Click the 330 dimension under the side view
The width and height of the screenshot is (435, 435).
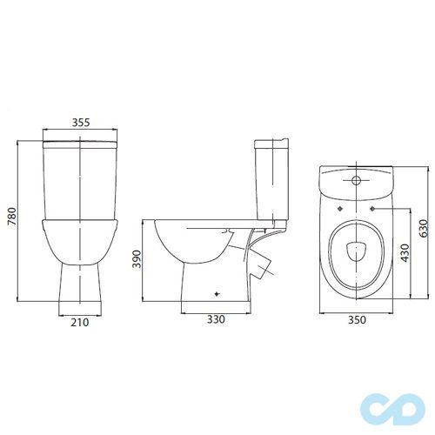[216, 319]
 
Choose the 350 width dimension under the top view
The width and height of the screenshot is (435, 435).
[356, 319]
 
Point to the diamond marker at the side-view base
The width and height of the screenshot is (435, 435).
[216, 295]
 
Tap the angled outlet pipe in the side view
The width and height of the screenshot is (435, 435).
[261, 263]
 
